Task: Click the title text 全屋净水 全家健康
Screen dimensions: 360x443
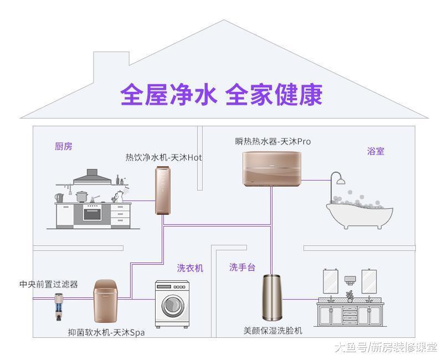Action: pyautogui.click(x=221, y=95)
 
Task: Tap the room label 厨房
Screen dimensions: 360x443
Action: pyautogui.click(x=63, y=147)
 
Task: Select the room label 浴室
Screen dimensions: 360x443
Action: pyautogui.click(x=375, y=151)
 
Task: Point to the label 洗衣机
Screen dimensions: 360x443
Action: pyautogui.click(x=190, y=268)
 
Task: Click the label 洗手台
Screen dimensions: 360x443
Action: pyautogui.click(x=242, y=268)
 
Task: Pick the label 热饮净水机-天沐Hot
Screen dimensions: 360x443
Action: pyautogui.click(x=163, y=157)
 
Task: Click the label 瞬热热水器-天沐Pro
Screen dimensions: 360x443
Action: pyautogui.click(x=272, y=141)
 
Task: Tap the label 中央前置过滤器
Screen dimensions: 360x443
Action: pyautogui.click(x=48, y=284)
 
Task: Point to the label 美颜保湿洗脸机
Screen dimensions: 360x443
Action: pyautogui.click(x=273, y=331)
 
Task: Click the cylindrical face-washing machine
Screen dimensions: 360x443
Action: pyautogui.click(x=272, y=299)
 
